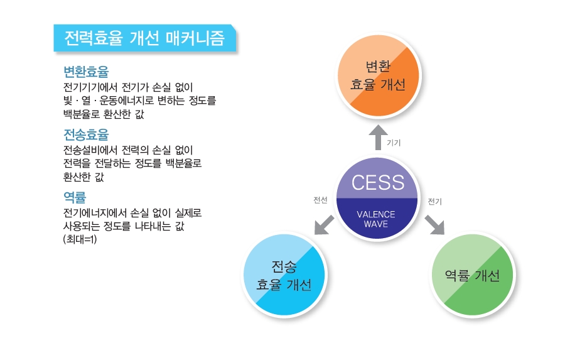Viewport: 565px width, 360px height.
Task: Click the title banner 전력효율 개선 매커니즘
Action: coord(145,38)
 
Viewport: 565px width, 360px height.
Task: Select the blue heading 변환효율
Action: coord(86,72)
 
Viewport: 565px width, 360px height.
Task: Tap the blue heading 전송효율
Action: coord(86,135)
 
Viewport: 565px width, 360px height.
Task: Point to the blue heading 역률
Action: coord(75,197)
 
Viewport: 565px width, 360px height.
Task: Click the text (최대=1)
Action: coord(80,239)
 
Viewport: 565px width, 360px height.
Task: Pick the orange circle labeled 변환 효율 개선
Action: coord(379,75)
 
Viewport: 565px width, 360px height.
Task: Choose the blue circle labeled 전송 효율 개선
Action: coord(284,275)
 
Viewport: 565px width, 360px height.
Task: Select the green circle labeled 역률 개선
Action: coord(472,275)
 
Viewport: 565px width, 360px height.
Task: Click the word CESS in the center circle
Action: coord(378,183)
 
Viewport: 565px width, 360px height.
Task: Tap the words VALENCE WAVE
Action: coord(376,219)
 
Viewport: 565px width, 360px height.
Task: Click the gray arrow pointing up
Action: coord(378,137)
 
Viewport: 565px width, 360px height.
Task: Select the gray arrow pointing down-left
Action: coord(324,225)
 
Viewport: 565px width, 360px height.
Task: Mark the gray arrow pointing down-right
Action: coord(434,225)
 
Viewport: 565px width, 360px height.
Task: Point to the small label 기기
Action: coord(394,143)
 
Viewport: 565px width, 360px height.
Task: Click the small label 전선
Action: coord(320,200)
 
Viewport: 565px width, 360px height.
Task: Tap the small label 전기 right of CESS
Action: coord(434,201)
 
